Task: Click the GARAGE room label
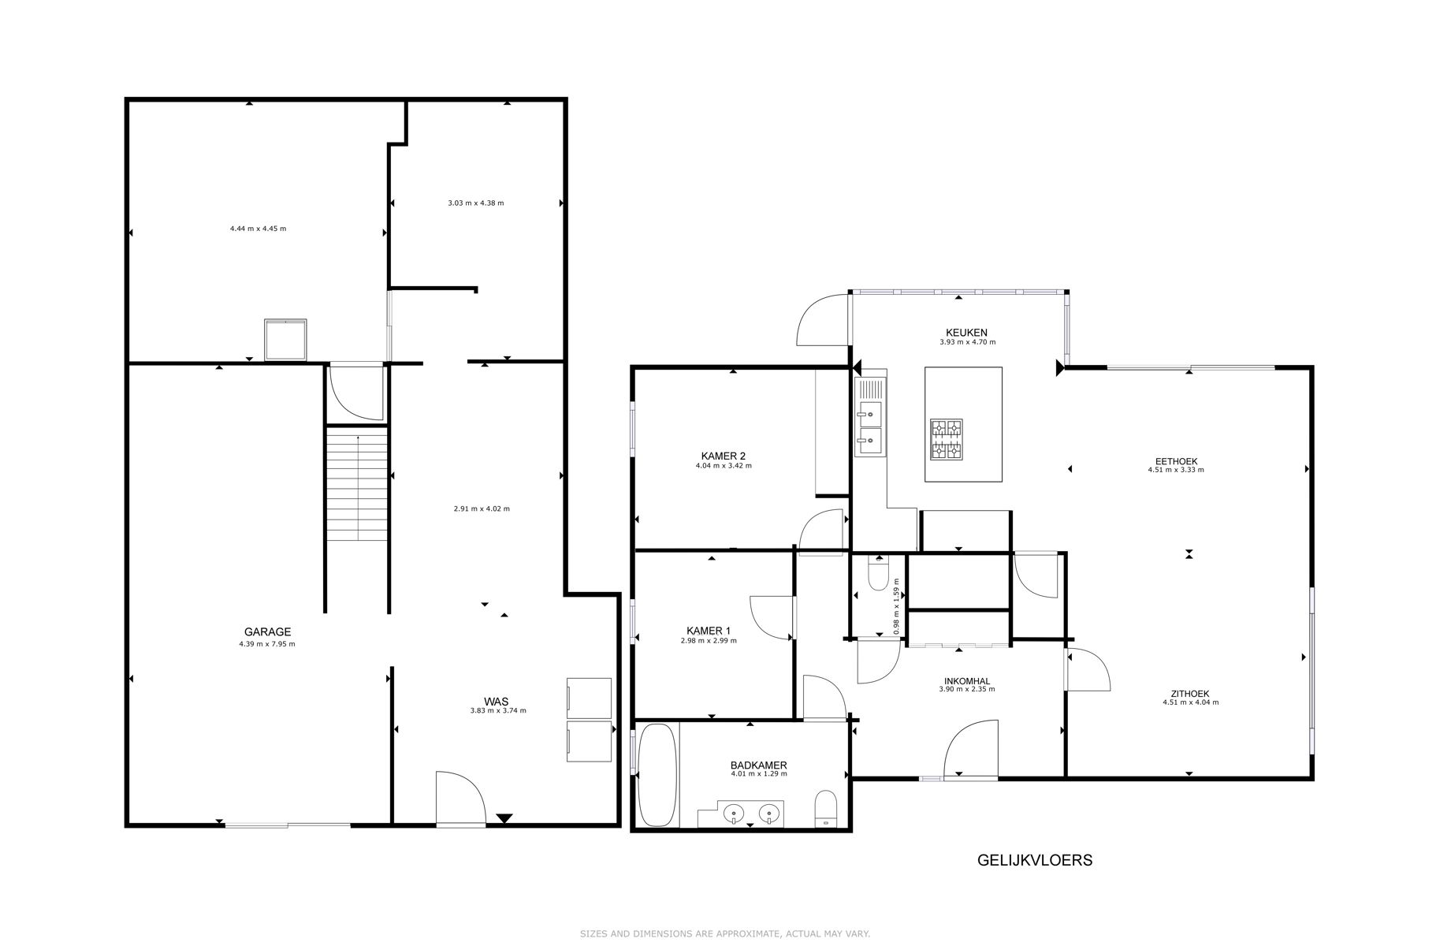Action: [x=267, y=631]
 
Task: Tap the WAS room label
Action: [x=496, y=701]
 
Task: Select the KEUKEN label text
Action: [x=966, y=333]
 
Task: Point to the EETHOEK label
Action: [x=1176, y=461]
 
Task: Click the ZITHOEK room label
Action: [x=1189, y=694]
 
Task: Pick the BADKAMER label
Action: [x=758, y=765]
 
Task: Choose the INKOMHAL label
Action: [x=966, y=681]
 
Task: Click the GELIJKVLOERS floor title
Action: [x=1034, y=860]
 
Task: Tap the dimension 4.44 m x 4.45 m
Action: [x=258, y=229]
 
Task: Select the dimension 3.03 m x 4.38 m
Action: [x=475, y=203]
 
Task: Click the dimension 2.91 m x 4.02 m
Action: [x=481, y=508]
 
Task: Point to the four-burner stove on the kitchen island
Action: [x=947, y=439]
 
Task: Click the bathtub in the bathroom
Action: [x=657, y=776]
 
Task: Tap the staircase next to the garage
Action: [x=357, y=484]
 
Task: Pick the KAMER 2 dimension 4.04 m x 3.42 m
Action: [x=723, y=466]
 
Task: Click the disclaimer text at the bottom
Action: [x=724, y=933]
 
